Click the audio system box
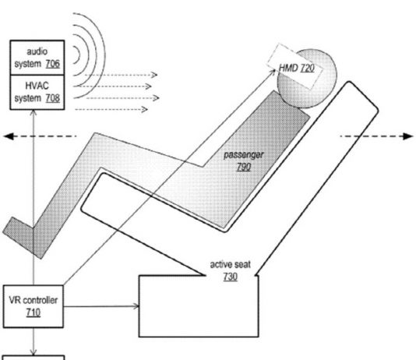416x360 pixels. pyautogui.click(x=37, y=58)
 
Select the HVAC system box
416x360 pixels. pyautogui.click(x=37, y=92)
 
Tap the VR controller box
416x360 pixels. pyautogui.click(x=33, y=306)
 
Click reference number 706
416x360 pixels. pyautogui.click(x=52, y=64)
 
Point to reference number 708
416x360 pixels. pyautogui.click(x=52, y=98)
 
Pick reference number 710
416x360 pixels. pyautogui.click(x=33, y=312)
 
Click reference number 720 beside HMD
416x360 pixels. pyautogui.click(x=307, y=69)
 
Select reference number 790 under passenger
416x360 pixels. pyautogui.click(x=244, y=167)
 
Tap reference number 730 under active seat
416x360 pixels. pyautogui.click(x=231, y=277)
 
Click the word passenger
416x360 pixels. pyautogui.click(x=244, y=155)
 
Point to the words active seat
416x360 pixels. pyautogui.click(x=231, y=264)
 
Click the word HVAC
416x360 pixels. pyautogui.click(x=37, y=86)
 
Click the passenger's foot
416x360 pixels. pyautogui.click(x=19, y=234)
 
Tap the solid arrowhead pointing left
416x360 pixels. pyautogui.click(x=9, y=136)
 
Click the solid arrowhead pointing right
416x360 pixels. pyautogui.click(x=408, y=136)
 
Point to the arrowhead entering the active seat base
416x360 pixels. pyautogui.click(x=136, y=306)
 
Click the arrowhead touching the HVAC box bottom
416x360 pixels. pyautogui.click(x=33, y=112)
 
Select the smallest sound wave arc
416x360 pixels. pyautogui.click(x=76, y=55)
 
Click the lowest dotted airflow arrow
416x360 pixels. pyautogui.click(x=111, y=109)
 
